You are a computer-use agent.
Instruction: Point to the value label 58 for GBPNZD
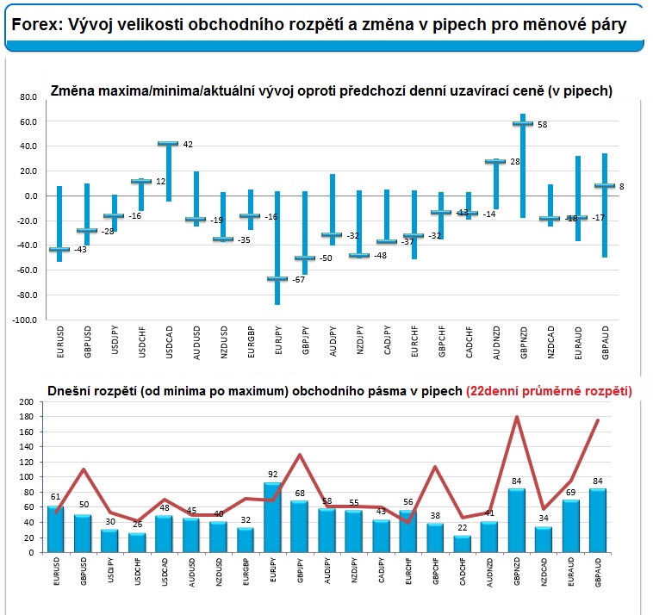(x=542, y=125)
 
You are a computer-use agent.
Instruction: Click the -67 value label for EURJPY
(x=299, y=279)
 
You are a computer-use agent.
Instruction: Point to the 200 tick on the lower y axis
(x=26, y=402)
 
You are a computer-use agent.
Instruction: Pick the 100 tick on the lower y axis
(x=26, y=476)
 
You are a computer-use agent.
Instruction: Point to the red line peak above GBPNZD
(x=516, y=417)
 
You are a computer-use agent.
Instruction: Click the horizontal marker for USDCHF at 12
(x=141, y=181)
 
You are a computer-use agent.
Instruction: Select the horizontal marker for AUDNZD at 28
(x=494, y=161)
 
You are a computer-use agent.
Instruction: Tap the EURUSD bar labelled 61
(x=56, y=529)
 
